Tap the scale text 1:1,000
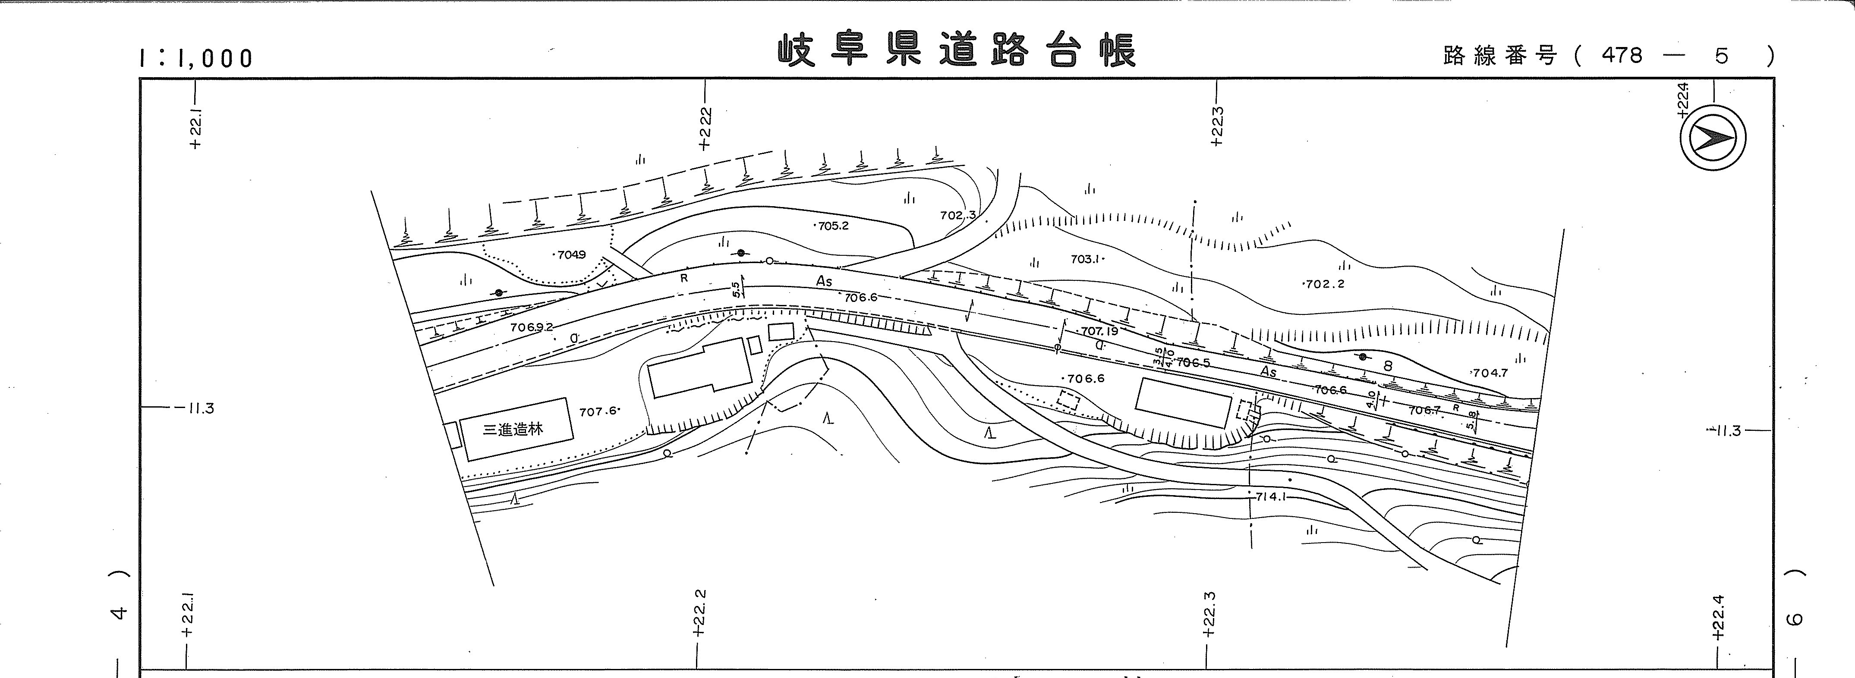[x=196, y=58]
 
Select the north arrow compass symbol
[x=1713, y=138]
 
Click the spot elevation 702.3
[x=958, y=214]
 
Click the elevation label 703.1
[x=1086, y=259]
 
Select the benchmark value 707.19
[x=1099, y=331]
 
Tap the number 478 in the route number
[x=1622, y=55]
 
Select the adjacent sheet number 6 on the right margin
[x=1796, y=618]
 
